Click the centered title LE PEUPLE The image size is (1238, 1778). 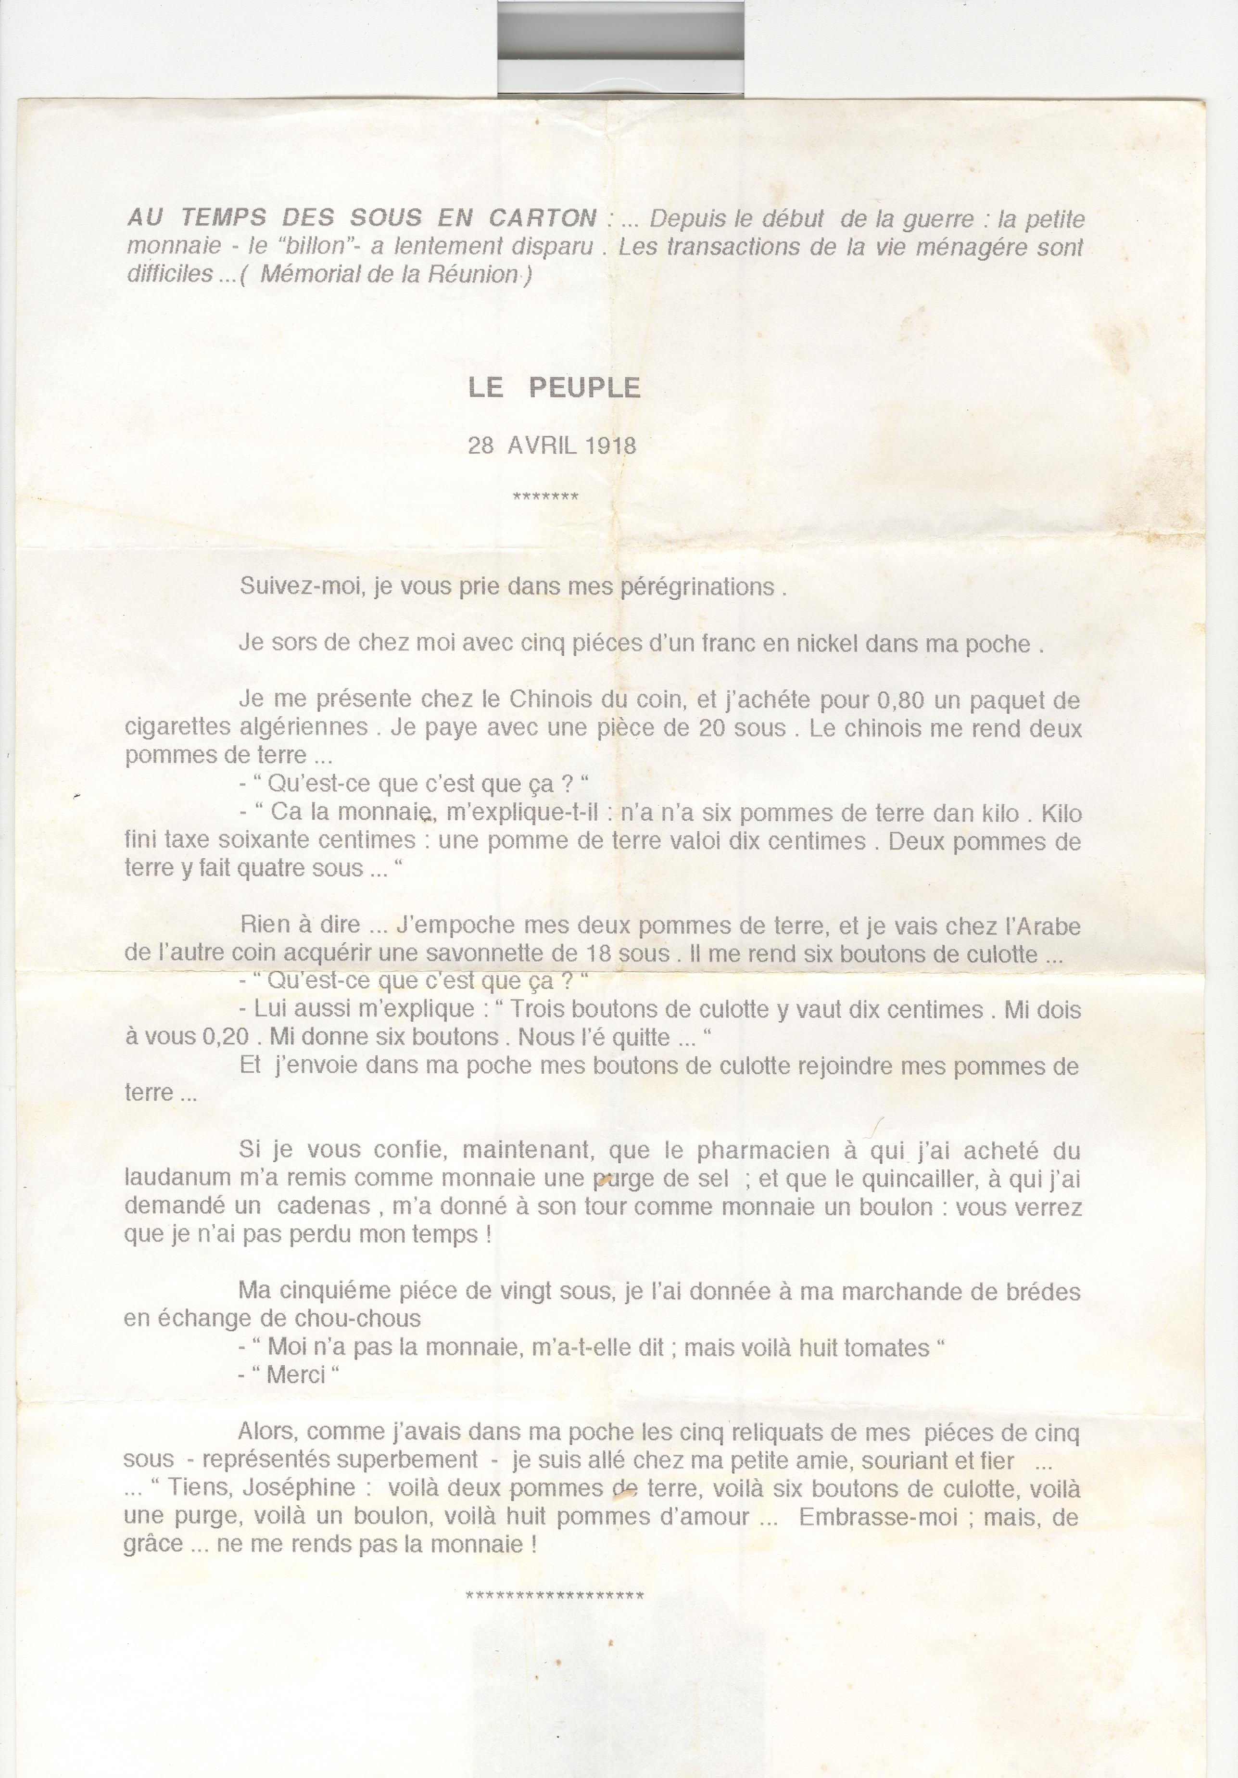tap(555, 387)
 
